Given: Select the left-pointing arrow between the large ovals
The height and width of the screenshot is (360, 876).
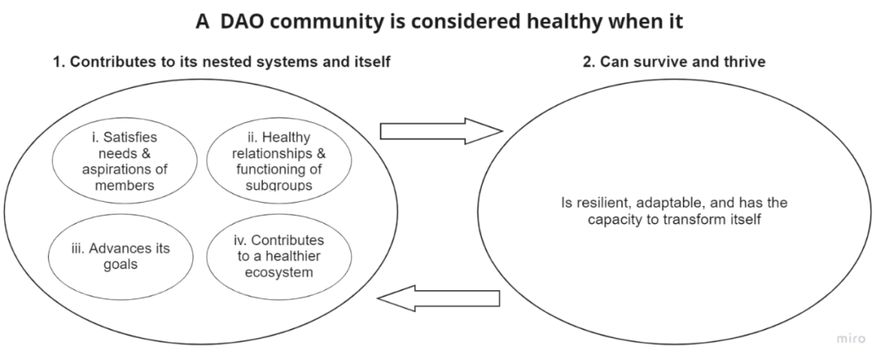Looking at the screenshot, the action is (439, 299).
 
